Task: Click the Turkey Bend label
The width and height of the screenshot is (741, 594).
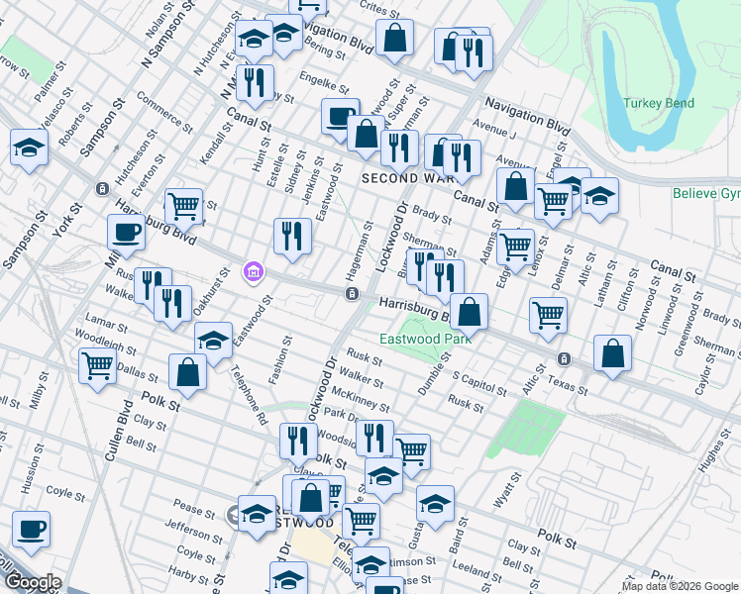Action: [x=659, y=103]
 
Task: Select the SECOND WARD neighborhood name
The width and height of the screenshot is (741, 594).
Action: [x=406, y=178]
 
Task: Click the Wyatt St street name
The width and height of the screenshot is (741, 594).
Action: [x=508, y=487]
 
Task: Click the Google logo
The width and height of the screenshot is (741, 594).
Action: [x=33, y=581]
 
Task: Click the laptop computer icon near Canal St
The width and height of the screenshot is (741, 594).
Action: [x=341, y=117]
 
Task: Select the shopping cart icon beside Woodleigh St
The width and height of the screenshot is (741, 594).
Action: [x=98, y=365]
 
